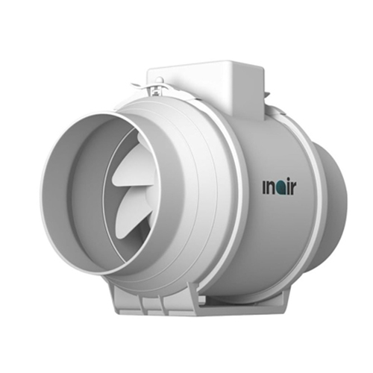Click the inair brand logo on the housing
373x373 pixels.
point(280,186)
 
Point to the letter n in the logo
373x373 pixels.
point(271,186)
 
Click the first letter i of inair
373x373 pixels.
point(264,186)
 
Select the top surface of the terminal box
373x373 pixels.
point(205,67)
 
